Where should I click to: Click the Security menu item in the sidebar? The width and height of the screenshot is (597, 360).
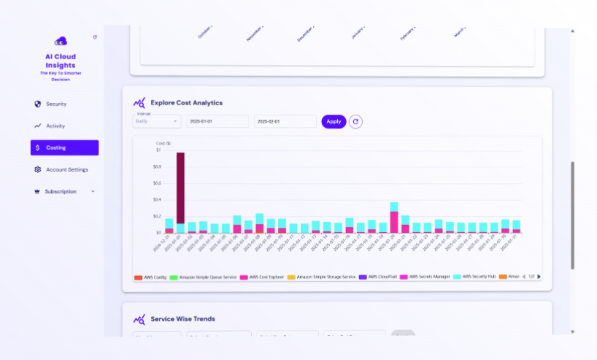55,104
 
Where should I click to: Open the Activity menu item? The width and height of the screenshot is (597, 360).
55,126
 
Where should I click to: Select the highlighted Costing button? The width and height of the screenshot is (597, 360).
64,148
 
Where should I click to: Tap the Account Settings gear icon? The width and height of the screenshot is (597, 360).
38,169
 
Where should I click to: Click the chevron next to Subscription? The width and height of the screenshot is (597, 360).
93,191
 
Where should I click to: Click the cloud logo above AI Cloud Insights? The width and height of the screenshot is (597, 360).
60,41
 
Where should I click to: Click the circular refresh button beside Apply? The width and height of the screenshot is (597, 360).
355,121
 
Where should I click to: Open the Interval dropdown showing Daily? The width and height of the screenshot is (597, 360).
156,121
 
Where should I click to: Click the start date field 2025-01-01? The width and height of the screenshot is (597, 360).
217,121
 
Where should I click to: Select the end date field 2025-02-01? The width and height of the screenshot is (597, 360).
285,121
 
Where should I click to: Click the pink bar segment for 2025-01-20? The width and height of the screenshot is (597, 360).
394,221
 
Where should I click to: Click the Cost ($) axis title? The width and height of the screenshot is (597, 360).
163,143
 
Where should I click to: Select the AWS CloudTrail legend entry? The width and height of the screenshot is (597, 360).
382,277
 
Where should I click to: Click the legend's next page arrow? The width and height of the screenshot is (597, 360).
539,277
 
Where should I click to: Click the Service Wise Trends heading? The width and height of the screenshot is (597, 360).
182,319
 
